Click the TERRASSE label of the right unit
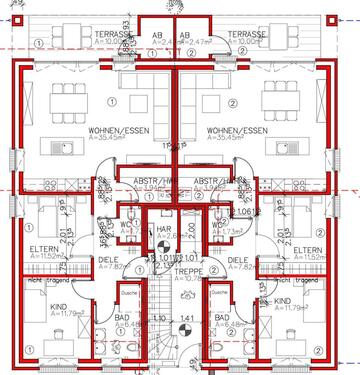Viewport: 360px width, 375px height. click(246, 33)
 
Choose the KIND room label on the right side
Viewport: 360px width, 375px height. click(283, 300)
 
